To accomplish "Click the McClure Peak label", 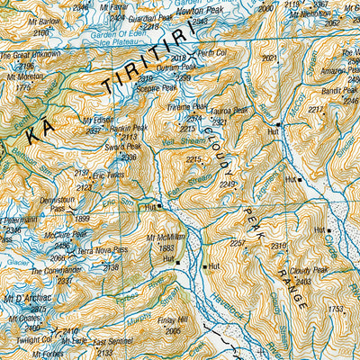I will click(x=65, y=234).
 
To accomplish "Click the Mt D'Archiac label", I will click(x=24, y=298).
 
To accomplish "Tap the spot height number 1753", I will click(x=335, y=309).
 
